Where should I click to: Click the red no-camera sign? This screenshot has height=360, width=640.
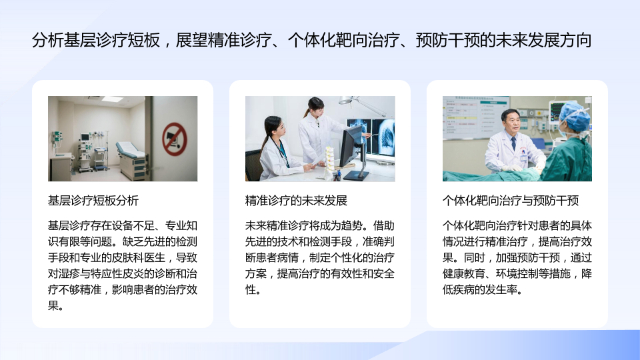click(175, 139)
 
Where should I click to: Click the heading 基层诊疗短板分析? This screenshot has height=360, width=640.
click(93, 201)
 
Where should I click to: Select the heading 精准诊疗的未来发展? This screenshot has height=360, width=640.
click(296, 201)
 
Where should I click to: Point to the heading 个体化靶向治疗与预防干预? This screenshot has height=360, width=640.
click(511, 201)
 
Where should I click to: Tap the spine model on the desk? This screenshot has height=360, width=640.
click(329, 161)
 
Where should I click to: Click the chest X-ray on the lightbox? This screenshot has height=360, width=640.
click(387, 137)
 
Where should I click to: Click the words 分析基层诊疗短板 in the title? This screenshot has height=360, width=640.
click(95, 40)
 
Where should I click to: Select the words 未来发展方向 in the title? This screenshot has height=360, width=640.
click(544, 40)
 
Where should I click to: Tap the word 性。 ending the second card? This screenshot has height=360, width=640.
click(253, 289)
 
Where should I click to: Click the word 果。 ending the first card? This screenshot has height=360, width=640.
click(56, 305)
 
